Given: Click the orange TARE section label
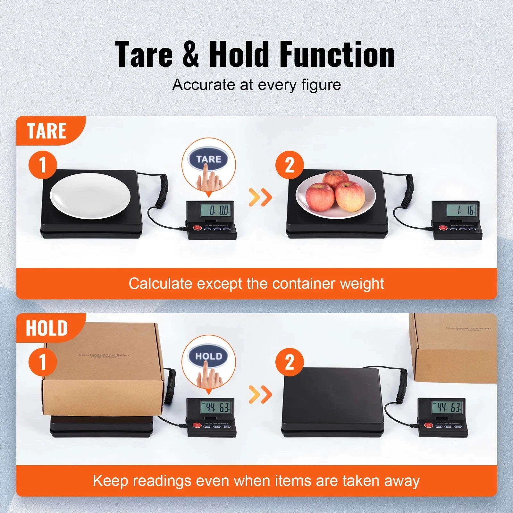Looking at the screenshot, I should pos(47,131).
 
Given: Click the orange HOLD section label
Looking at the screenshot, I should pos(47,328).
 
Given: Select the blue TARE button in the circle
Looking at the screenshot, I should pos(209,159).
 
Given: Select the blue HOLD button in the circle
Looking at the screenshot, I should pos(209,356).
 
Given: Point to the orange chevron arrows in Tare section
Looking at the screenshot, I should pos(260,198).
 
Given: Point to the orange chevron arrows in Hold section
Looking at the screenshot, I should pos(260,394).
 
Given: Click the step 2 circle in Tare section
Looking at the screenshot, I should pos(290,165).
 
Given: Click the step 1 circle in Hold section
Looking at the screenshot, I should pos(43,362).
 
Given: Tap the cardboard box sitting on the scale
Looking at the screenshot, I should pos(103,378).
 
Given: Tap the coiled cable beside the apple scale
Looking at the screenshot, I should pos(408,191).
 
